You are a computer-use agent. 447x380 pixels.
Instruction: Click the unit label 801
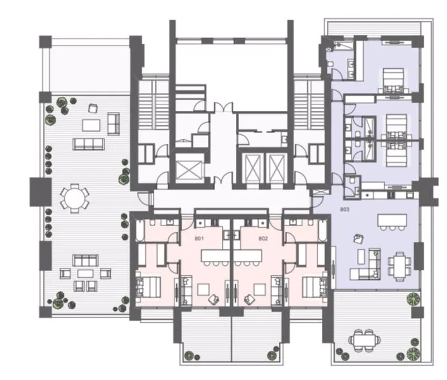pos(199,238)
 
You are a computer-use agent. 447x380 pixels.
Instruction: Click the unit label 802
pos(263,238)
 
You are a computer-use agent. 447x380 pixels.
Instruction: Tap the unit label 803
pos(344,209)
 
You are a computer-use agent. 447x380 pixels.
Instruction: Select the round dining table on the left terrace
pos(74,198)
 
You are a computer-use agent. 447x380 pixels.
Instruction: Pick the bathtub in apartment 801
pos(140,231)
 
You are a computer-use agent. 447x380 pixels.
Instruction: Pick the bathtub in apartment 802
pos(323,231)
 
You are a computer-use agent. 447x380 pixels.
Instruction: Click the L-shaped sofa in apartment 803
pos(367,265)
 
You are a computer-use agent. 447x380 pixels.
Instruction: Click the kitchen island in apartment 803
pos(392,220)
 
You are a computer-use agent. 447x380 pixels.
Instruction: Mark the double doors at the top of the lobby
pos(224,107)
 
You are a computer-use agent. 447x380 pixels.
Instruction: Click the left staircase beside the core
pos(154,105)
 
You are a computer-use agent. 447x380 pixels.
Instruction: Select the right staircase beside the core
pos(310,105)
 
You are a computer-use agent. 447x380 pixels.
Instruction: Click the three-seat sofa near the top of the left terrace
pos(89,144)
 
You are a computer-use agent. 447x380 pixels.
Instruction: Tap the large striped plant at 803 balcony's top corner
pos(412,299)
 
